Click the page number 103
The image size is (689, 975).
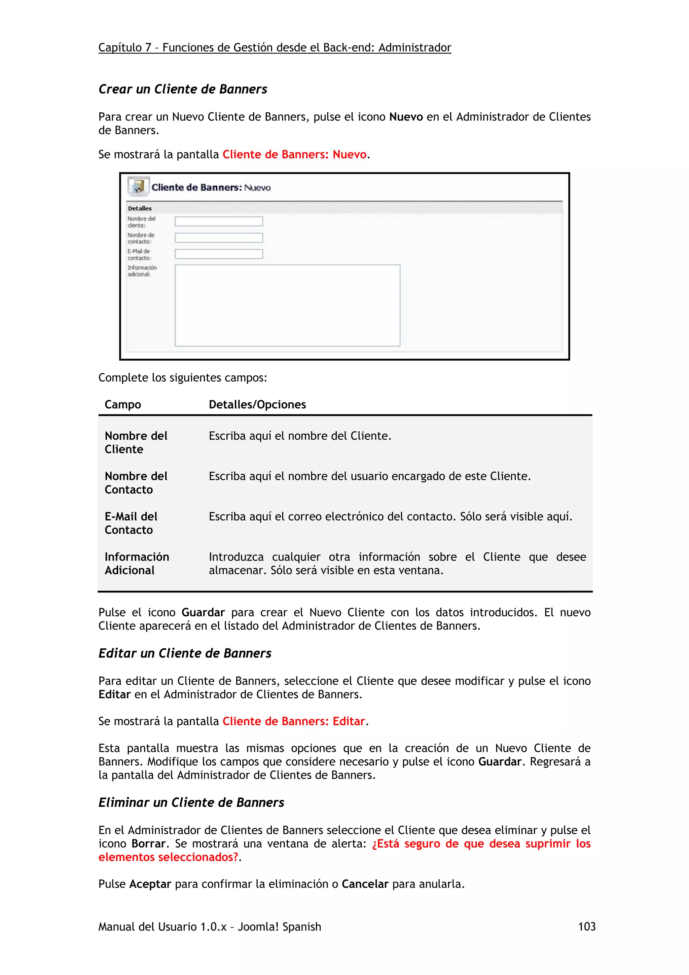(x=586, y=927)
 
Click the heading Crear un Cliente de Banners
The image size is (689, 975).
(x=183, y=89)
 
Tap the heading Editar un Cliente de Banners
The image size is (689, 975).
(x=185, y=653)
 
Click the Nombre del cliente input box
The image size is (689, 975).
(x=219, y=221)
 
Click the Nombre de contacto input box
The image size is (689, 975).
(x=219, y=238)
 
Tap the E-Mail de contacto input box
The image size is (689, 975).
(x=219, y=254)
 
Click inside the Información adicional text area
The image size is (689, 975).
(x=287, y=305)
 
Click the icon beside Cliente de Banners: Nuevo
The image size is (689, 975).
(x=138, y=186)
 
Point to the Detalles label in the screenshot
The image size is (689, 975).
(x=140, y=209)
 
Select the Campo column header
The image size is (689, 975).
(x=123, y=405)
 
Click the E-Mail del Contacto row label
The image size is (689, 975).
(x=131, y=523)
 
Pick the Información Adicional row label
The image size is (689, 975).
(x=137, y=564)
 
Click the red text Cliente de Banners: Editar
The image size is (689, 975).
(x=293, y=721)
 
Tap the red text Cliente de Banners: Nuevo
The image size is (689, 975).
(x=294, y=154)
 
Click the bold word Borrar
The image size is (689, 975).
(x=148, y=844)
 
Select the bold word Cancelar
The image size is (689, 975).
(x=365, y=884)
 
